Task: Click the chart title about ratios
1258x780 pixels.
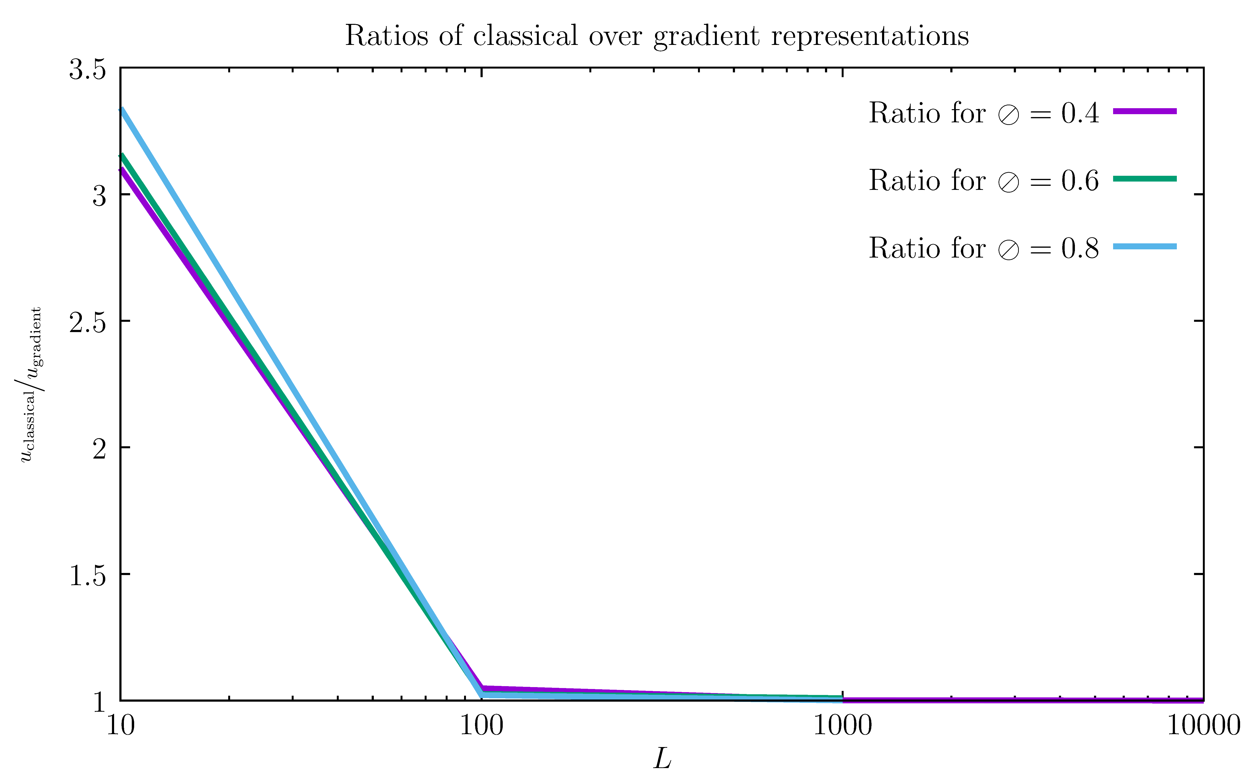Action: [x=656, y=36]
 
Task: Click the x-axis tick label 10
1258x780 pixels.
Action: [x=120, y=726]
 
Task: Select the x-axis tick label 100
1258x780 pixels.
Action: [x=481, y=726]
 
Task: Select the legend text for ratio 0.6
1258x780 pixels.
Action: [x=983, y=181]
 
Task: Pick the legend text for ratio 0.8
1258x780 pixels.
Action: [x=983, y=248]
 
